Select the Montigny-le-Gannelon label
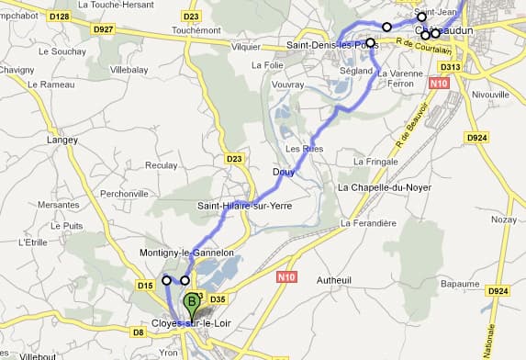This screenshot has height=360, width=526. coord(187,253)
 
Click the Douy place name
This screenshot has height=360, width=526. coord(283,172)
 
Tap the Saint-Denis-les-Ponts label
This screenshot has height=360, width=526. coord(326,45)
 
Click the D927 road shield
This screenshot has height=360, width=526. coord(103,29)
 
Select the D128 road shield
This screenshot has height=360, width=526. coord(60,17)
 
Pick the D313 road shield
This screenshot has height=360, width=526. coord(450,67)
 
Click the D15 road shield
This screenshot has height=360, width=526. coord(145,287)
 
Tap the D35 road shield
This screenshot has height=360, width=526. coord(218,299)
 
